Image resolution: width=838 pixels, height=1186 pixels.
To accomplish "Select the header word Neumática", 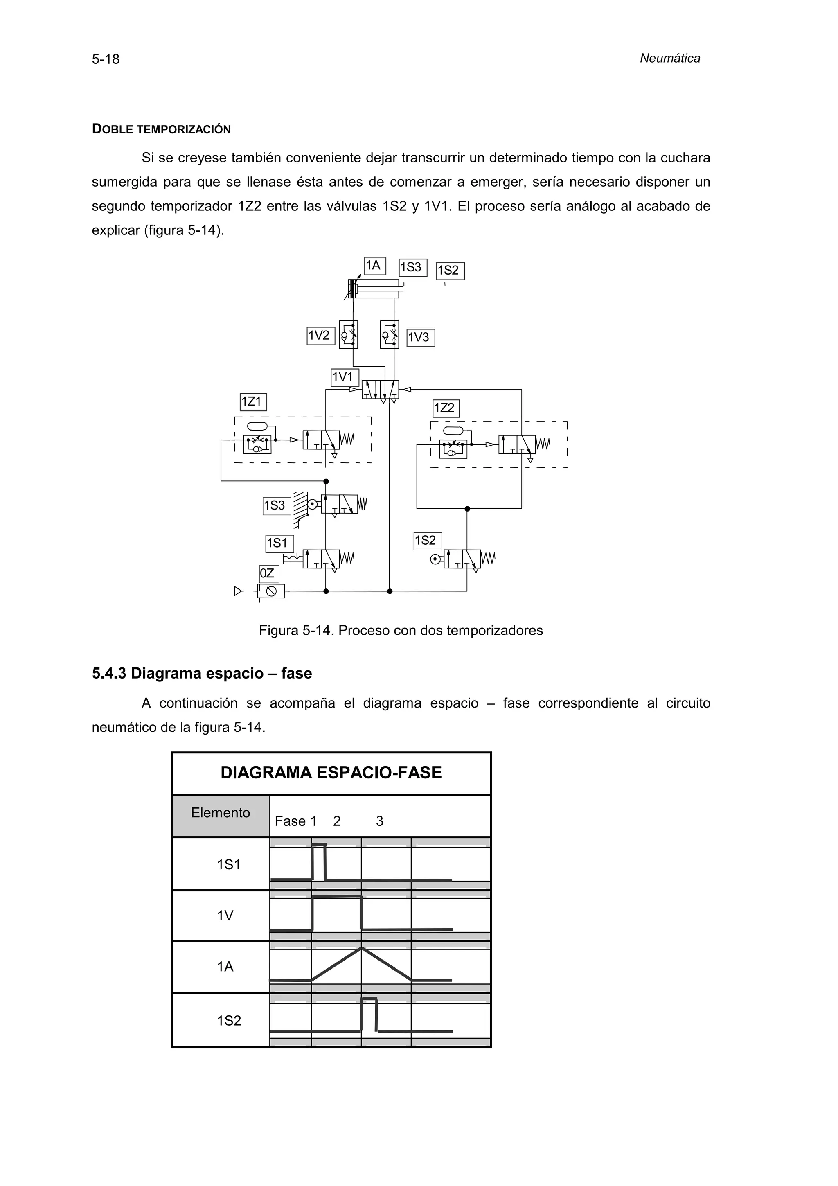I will tap(670, 59).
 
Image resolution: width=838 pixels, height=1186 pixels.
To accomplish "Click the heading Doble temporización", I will tap(161, 129).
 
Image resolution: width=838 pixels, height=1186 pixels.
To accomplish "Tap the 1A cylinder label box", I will tap(374, 266).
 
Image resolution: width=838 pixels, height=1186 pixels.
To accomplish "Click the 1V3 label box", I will tap(420, 338).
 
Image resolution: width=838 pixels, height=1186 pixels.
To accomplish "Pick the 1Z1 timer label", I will tap(253, 402).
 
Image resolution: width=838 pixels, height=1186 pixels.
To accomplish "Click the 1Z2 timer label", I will tap(445, 408).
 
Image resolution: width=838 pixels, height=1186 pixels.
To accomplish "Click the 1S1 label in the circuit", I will tap(279, 543).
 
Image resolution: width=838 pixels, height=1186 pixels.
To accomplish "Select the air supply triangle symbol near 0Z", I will tap(238, 591).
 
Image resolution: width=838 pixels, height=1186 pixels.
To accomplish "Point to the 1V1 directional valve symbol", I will tap(380, 390).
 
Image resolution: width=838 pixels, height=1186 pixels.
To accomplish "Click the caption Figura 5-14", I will tap(401, 631).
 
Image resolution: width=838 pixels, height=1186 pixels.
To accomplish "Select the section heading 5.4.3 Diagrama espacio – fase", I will tap(202, 674).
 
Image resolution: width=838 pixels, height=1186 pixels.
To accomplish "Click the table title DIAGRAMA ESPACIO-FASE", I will tap(331, 773).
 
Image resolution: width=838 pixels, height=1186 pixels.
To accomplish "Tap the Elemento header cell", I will tap(221, 813).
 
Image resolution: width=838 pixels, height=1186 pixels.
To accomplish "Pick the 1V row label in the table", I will tap(225, 916).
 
